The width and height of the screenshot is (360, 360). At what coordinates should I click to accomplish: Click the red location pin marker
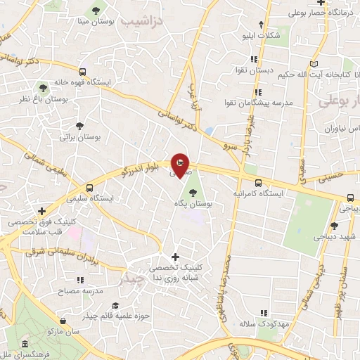tap(180, 165)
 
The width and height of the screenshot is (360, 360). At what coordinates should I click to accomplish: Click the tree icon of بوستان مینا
tap(96, 11)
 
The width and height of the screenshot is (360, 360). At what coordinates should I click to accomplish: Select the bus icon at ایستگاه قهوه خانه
tap(83, 71)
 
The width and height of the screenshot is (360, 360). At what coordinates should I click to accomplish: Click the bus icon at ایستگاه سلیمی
tap(89, 188)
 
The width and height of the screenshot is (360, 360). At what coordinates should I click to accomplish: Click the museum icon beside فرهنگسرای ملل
tap(25, 345)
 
